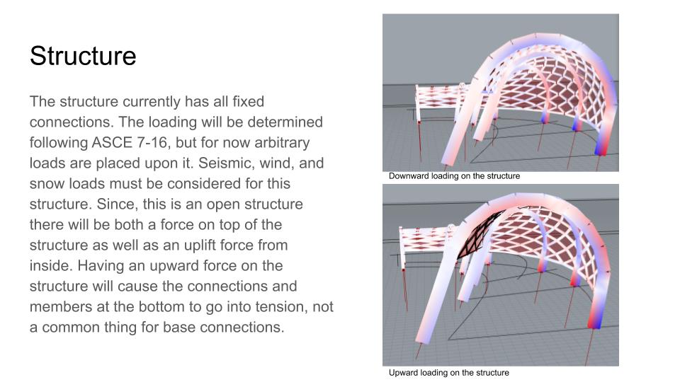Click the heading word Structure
(83, 56)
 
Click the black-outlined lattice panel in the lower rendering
(477, 234)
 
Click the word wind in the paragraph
(275, 163)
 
